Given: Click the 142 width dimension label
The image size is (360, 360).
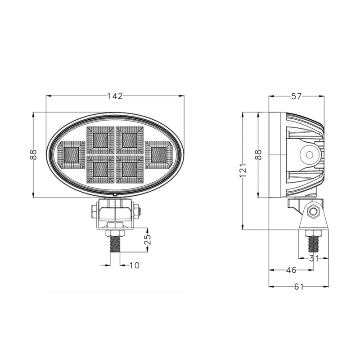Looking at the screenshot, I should [x=115, y=96].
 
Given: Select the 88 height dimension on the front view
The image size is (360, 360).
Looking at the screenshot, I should [x=33, y=155].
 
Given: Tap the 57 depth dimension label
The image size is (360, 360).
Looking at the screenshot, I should [x=296, y=96].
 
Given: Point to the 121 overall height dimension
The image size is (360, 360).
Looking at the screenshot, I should [x=243, y=171].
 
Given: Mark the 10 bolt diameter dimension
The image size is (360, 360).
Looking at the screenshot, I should [x=134, y=265].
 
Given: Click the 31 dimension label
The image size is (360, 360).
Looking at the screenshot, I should [x=314, y=258].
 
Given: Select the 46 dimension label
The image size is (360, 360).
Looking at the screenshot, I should [x=291, y=270].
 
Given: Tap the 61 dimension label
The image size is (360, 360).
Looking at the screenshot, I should [x=298, y=287].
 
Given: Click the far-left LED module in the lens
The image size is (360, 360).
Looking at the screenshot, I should [x=71, y=154].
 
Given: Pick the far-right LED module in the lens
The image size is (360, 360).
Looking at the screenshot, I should [x=158, y=154].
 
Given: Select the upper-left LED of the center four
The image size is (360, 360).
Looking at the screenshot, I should [x=100, y=140].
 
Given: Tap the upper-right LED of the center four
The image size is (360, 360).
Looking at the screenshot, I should [x=130, y=140].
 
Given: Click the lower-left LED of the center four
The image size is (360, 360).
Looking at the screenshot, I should [x=100, y=169].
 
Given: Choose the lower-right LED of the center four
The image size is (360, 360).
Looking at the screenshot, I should [x=130, y=169].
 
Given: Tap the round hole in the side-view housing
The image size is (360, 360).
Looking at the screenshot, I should [x=309, y=154].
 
